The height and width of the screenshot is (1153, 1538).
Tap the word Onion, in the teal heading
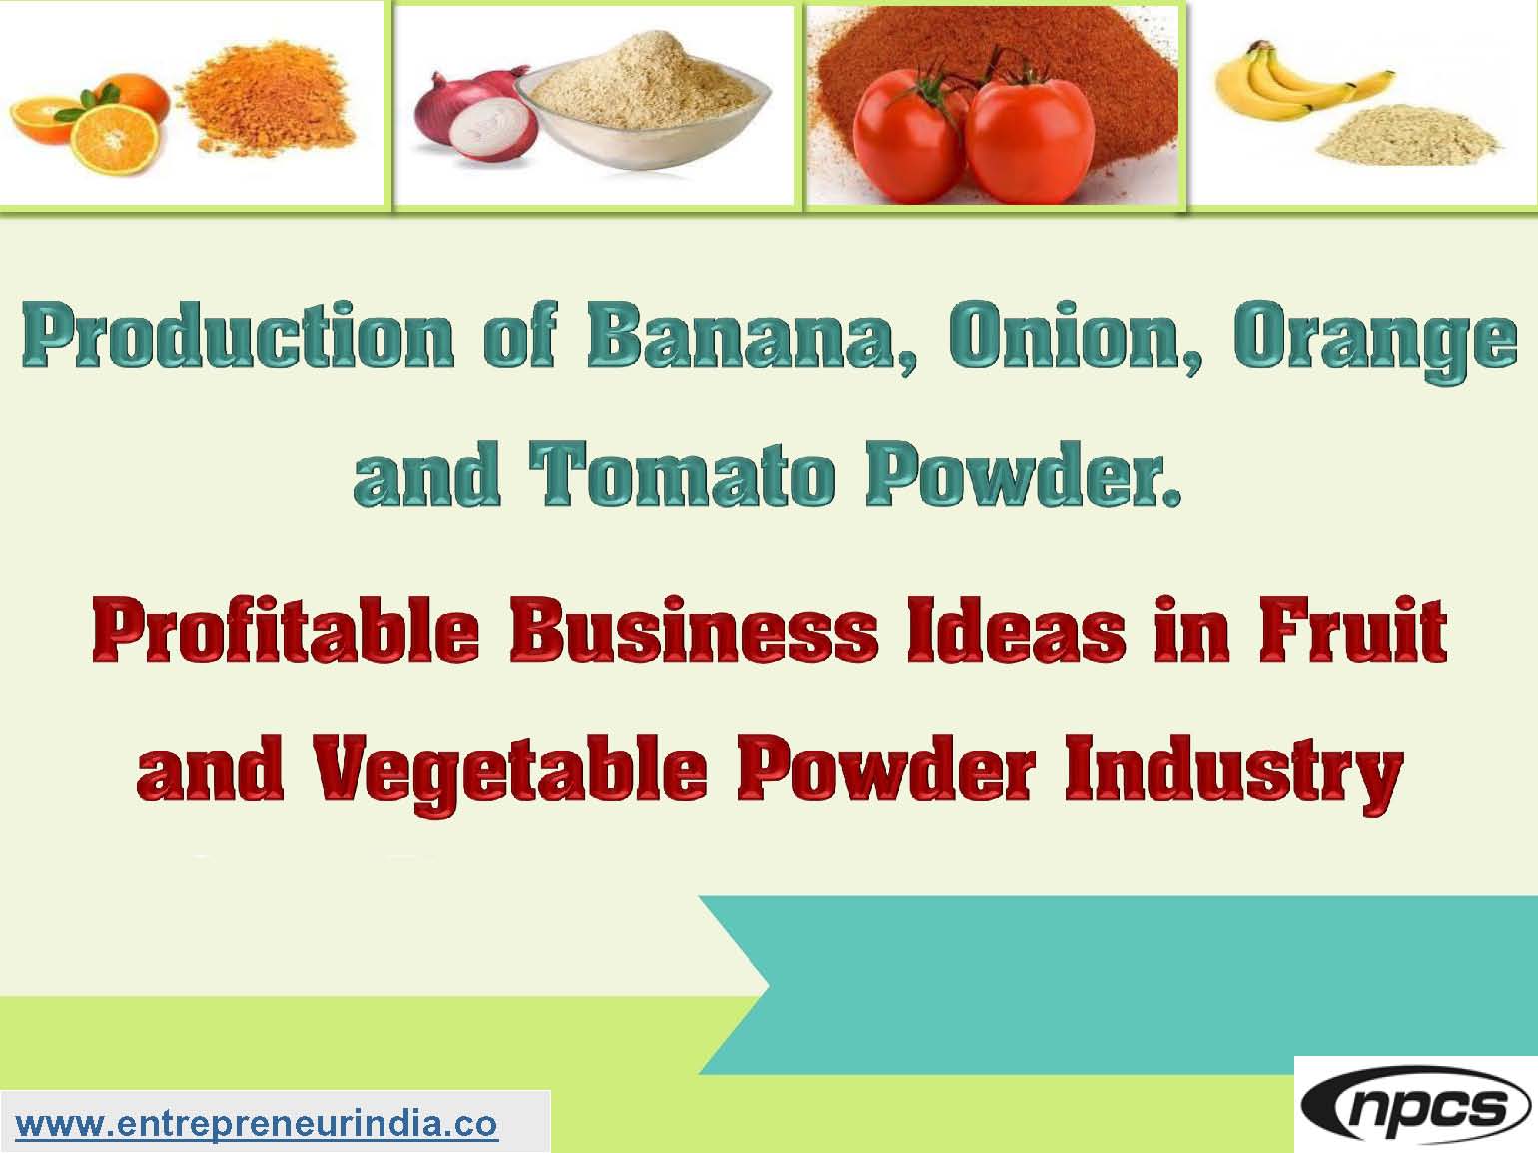click(x=1076, y=337)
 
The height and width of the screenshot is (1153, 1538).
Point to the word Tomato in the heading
click(x=682, y=473)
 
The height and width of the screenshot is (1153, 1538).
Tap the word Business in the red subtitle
click(x=693, y=627)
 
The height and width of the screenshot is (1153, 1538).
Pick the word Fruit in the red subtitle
click(x=1353, y=627)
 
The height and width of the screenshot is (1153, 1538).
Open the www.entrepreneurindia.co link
click(x=257, y=1125)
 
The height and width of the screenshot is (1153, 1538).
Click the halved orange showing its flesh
click(x=116, y=139)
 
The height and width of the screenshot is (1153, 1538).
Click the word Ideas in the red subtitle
click(x=1016, y=627)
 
